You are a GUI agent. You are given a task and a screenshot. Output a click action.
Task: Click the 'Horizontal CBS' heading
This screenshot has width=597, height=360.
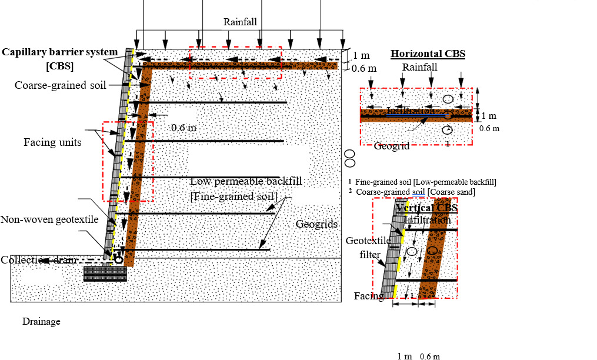(x=428, y=54)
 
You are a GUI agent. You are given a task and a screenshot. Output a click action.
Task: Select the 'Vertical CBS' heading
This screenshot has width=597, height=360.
(x=426, y=208)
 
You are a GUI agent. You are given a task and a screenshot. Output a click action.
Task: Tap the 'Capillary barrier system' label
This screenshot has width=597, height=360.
(x=59, y=52)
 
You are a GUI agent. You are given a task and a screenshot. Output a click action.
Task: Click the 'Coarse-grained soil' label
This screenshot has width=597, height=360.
(x=61, y=85)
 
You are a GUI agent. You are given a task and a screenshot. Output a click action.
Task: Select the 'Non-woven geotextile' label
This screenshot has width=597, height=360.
(x=49, y=220)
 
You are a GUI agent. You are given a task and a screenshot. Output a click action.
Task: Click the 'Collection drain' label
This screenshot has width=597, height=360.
(x=38, y=260)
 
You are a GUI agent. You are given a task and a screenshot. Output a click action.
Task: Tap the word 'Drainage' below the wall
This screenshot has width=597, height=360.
(x=41, y=322)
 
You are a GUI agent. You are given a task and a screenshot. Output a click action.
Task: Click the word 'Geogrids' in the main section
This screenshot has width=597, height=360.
(x=316, y=224)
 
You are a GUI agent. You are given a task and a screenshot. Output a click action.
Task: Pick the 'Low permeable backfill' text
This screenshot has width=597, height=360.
(x=246, y=181)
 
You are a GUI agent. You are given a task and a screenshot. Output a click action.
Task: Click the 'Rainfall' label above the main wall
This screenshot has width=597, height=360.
(x=240, y=22)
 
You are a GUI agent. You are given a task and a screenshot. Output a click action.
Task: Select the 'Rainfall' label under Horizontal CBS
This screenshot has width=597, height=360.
(x=419, y=67)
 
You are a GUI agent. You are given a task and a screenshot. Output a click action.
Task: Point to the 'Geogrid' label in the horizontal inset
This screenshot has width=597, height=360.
(x=391, y=146)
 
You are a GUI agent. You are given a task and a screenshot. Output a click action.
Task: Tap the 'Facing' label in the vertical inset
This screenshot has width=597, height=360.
(x=368, y=296)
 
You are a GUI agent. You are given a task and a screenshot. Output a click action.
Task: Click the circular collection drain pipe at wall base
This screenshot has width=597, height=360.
(x=118, y=259)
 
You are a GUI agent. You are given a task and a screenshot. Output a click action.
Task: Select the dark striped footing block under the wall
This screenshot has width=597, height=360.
(x=105, y=274)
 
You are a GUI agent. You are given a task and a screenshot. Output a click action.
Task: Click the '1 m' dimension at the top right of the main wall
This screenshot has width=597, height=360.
(x=361, y=55)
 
